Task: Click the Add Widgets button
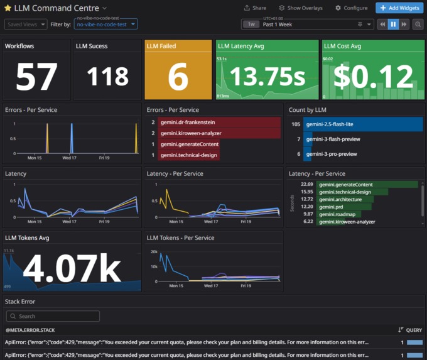tap(399, 8)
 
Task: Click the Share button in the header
tap(255, 8)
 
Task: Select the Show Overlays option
tap(301, 8)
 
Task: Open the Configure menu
tap(351, 8)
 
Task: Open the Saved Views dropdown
tap(26, 24)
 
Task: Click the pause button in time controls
tap(393, 24)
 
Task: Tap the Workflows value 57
tap(36, 77)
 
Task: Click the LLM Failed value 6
tap(178, 77)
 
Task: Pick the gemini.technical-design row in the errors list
tap(189, 155)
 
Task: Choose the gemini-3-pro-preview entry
tap(331, 153)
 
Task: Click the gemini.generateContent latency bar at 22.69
tap(367, 185)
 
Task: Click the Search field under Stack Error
tap(63, 316)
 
